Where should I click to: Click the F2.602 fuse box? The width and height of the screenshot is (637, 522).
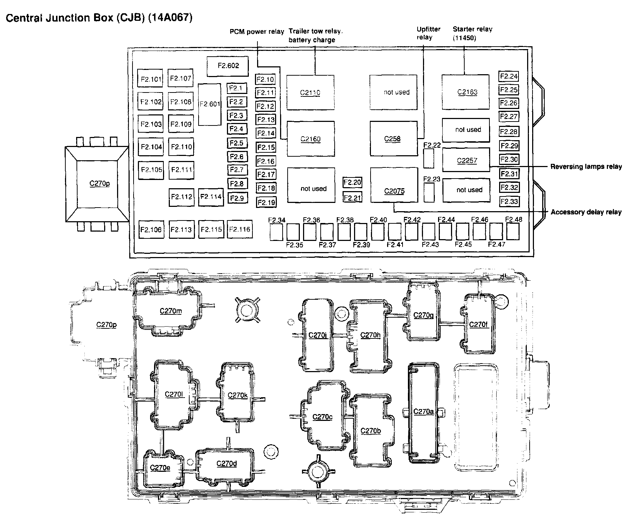coord(228,66)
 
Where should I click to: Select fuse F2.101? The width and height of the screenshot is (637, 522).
coord(150,79)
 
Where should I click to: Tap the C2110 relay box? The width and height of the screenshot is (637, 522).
coord(310,92)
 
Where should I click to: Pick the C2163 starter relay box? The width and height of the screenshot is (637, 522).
coord(465,92)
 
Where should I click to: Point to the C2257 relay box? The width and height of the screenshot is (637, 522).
coord(466,160)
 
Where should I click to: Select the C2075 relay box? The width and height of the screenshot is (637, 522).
coord(394,190)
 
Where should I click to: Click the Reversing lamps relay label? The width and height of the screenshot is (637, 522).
coord(586,167)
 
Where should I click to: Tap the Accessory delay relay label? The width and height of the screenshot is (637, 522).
coord(586,212)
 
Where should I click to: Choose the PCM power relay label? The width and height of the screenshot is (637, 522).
coord(257,32)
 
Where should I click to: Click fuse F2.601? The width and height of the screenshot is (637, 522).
coord(209,104)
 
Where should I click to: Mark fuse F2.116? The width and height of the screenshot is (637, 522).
coord(240,229)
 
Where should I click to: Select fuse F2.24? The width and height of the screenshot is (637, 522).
coord(509,76)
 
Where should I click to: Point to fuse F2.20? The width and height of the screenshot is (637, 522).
coord(352,182)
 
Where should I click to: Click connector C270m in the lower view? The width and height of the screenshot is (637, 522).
coord(171,311)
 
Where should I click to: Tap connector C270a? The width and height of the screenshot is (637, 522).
coord(424,412)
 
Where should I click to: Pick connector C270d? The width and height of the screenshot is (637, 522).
coord(227,464)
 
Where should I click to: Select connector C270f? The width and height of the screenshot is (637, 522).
coord(479,324)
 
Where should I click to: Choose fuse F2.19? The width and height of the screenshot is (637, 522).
coord(266,203)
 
